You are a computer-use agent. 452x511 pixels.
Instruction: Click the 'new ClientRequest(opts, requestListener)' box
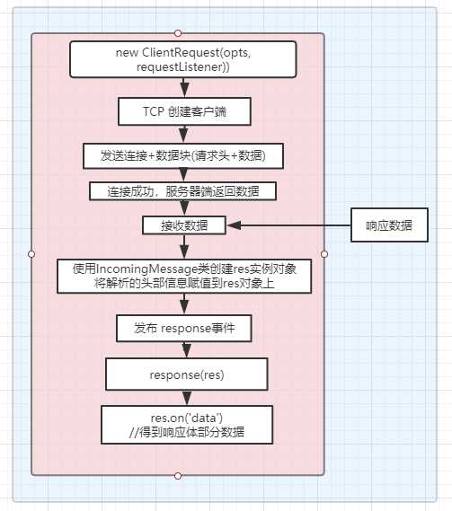click(184, 59)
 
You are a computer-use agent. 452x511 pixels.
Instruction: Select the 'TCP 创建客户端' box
click(184, 111)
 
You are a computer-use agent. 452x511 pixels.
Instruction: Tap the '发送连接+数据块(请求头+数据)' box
click(184, 154)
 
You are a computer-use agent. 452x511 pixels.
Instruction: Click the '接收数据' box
click(184, 225)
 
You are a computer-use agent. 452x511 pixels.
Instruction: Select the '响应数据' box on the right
click(386, 226)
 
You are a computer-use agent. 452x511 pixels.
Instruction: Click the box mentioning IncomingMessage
click(184, 276)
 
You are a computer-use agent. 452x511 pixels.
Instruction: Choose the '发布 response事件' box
click(184, 329)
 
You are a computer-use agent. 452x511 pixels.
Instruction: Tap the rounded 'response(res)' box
click(185, 372)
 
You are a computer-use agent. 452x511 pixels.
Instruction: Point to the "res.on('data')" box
click(185, 424)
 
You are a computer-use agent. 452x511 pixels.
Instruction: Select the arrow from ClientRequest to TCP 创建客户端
click(184, 86)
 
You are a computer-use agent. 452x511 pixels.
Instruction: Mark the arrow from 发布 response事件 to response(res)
click(184, 349)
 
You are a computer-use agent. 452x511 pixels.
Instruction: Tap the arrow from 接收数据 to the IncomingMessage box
click(184, 247)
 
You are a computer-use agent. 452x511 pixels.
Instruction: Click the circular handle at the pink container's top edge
click(178, 32)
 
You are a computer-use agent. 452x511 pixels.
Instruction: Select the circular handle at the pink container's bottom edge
click(178, 474)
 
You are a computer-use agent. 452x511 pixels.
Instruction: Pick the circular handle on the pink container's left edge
click(31, 253)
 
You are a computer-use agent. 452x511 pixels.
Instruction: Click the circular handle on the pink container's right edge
click(323, 253)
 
